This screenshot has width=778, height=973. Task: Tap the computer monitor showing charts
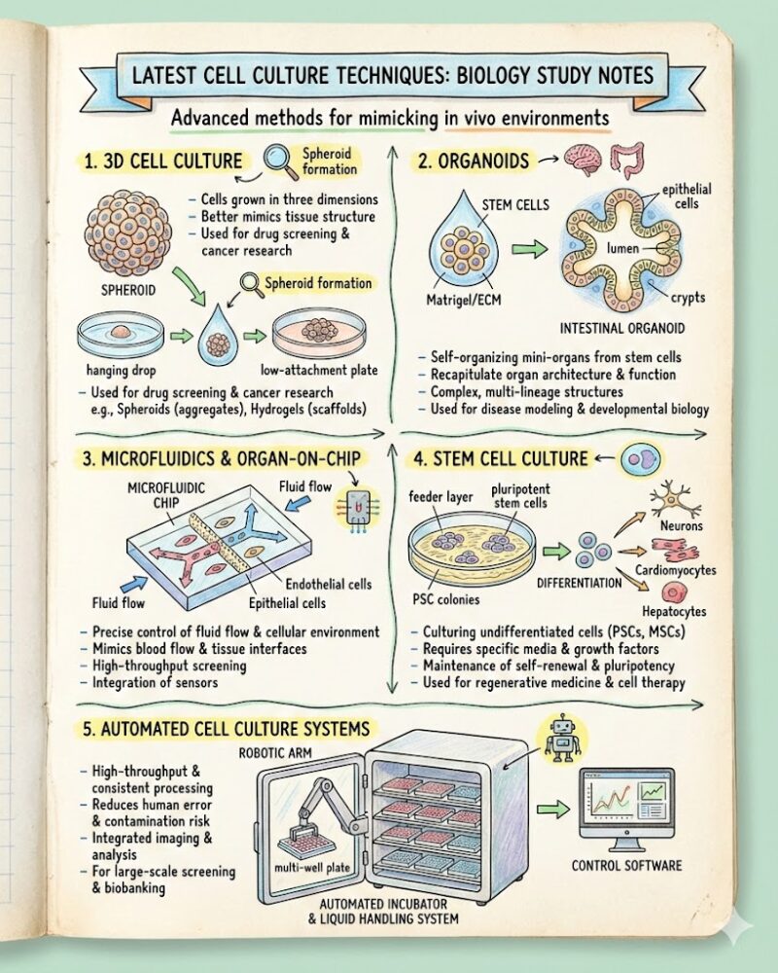tap(626, 807)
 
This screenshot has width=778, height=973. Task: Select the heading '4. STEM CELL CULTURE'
tap(500, 457)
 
